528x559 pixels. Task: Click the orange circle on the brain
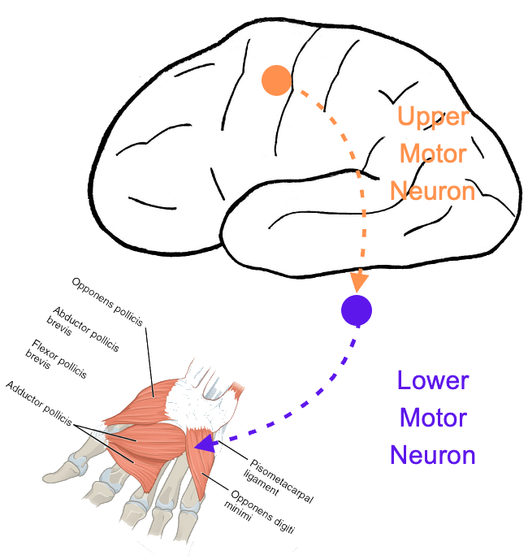pyautogui.click(x=276, y=80)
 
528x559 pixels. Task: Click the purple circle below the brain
pyautogui.click(x=356, y=310)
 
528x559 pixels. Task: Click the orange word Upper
pyautogui.click(x=433, y=116)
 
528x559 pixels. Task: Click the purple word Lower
pyautogui.click(x=432, y=379)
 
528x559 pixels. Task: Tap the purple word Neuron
pyautogui.click(x=432, y=454)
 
